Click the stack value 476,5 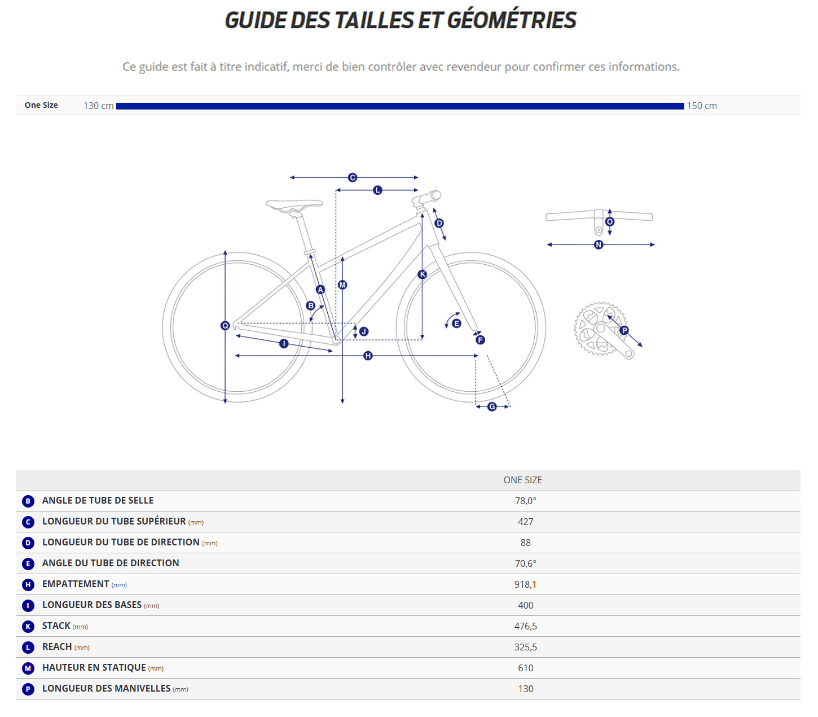coord(525,626)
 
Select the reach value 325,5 coord(525,647)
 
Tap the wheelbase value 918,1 coord(525,584)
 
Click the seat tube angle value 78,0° coord(525,501)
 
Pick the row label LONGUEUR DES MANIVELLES coord(106,689)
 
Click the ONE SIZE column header coord(522,480)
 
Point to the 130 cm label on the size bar coord(99,106)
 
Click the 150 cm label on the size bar coord(701,106)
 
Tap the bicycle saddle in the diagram coord(294,204)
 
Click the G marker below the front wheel coord(492,406)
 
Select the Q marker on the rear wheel coord(225,325)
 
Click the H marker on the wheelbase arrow coord(368,356)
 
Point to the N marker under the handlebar coord(599,244)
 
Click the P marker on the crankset coord(624,330)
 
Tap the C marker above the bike coord(353,177)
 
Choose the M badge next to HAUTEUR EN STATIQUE coord(28,668)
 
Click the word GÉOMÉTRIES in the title coord(511,20)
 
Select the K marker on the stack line coord(422,274)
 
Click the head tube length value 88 coord(525,543)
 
